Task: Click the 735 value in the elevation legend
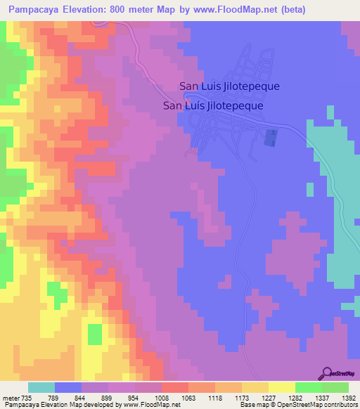click(x=21, y=397)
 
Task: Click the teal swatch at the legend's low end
click(x=41, y=387)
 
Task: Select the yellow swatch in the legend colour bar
click(x=282, y=387)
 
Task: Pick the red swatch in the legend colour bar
click(x=175, y=387)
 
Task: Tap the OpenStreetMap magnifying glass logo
click(x=327, y=372)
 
